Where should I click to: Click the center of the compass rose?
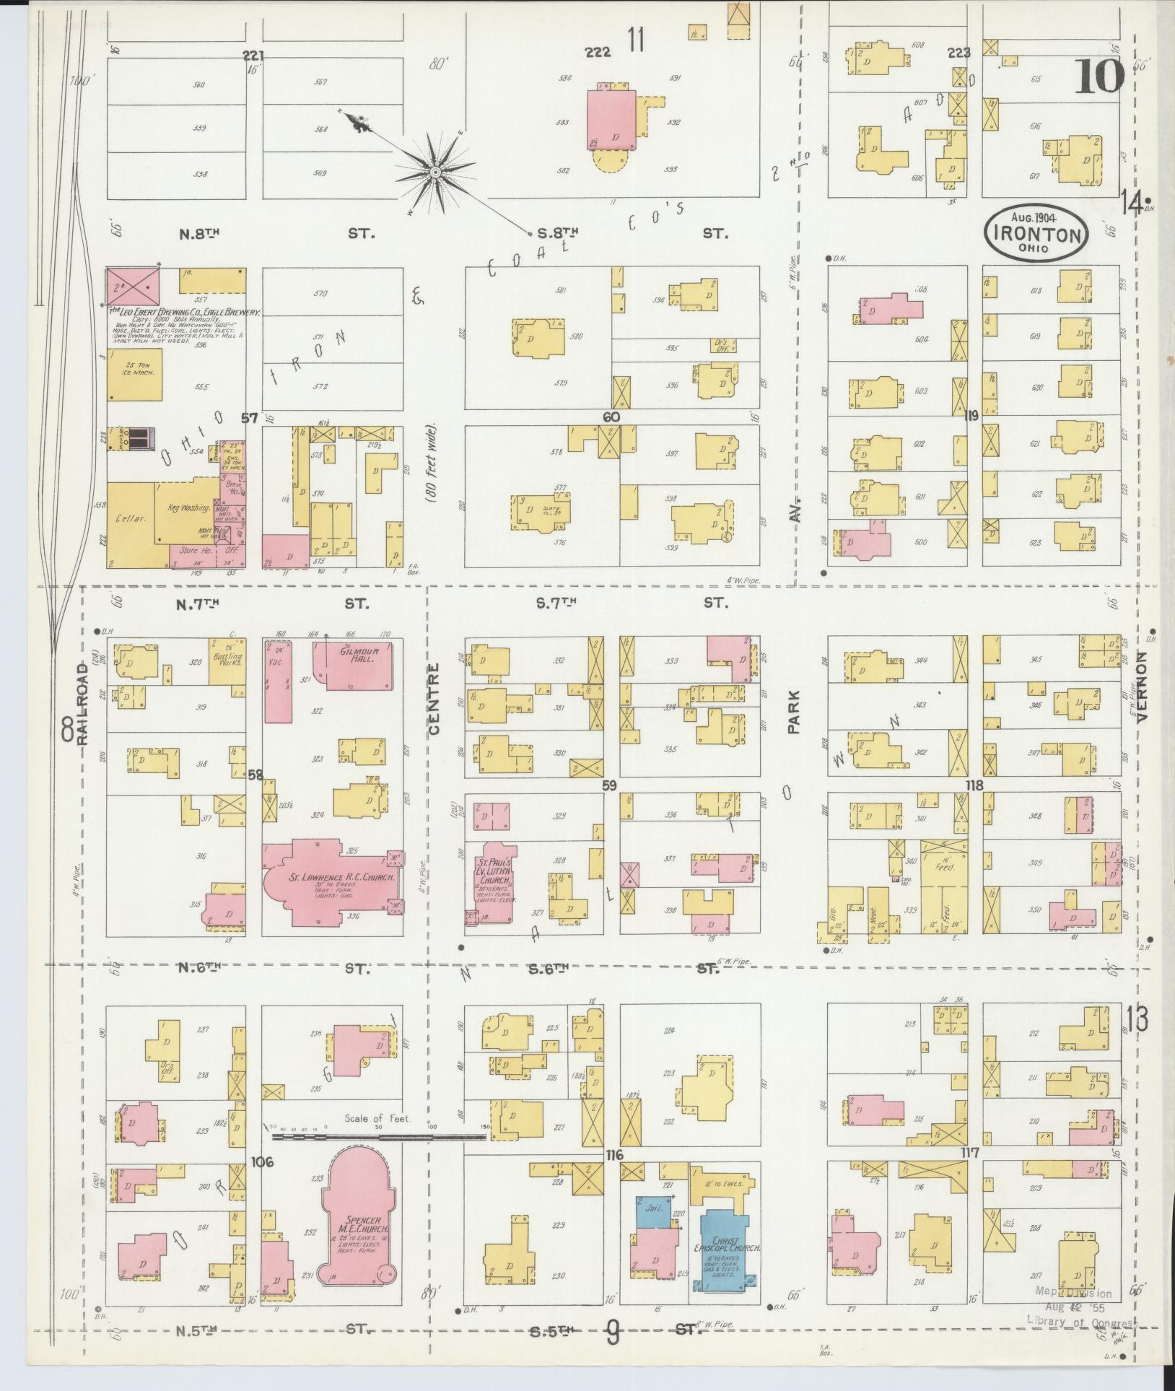click(x=435, y=173)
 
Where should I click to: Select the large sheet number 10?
click(x=1099, y=77)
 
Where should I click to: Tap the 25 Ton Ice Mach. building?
click(x=135, y=375)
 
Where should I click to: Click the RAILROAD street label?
click(x=82, y=704)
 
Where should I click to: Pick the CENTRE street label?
click(x=434, y=699)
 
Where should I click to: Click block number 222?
click(x=598, y=53)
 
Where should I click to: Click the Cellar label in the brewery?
click(x=131, y=519)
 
